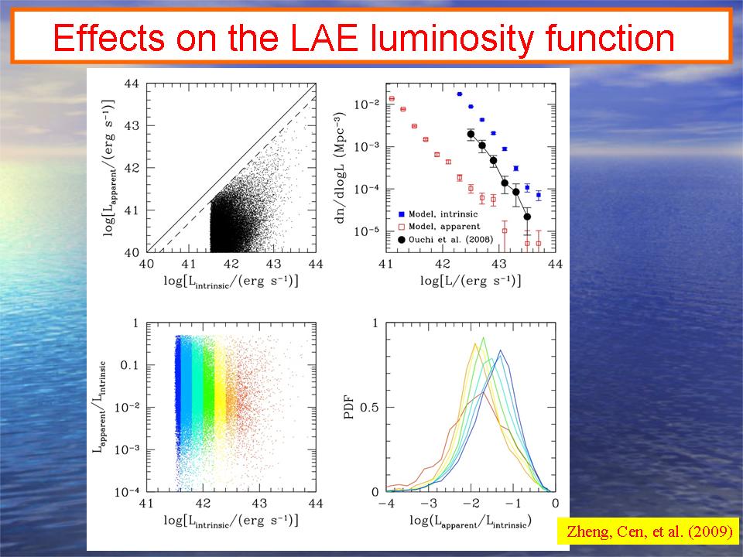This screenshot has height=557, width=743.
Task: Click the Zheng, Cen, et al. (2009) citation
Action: click(647, 531)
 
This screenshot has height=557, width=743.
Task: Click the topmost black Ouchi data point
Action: click(471, 135)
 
